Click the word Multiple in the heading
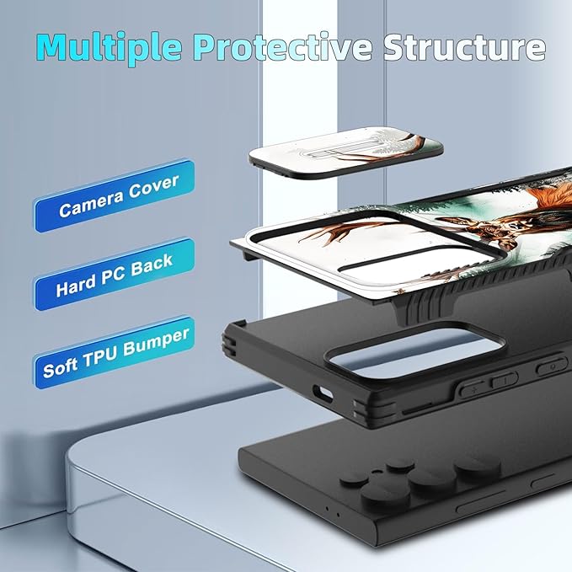(109, 47)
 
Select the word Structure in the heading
(465, 46)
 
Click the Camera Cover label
(115, 195)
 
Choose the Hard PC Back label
(115, 275)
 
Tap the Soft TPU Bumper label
(115, 352)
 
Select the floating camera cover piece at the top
(346, 152)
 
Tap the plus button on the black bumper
(473, 389)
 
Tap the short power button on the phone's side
(543, 481)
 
